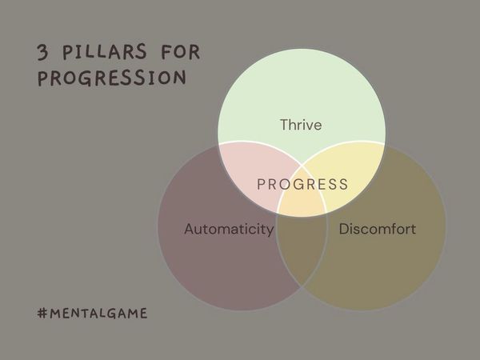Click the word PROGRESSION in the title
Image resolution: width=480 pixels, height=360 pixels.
112,79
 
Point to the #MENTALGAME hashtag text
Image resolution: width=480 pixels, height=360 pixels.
92,313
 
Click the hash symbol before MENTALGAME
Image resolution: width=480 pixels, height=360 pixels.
42,313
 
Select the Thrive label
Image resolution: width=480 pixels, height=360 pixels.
302,125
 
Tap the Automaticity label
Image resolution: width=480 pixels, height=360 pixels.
229,230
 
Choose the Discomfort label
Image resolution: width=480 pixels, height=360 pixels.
378,230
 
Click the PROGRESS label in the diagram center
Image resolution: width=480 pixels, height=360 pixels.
302,185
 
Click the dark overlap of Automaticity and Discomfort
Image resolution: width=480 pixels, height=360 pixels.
302,248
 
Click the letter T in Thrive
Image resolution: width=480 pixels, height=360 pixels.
283,125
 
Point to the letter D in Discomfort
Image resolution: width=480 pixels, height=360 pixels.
344,230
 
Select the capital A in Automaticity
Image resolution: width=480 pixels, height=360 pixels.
189,230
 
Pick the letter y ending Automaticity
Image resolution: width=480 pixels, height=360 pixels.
270,231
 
